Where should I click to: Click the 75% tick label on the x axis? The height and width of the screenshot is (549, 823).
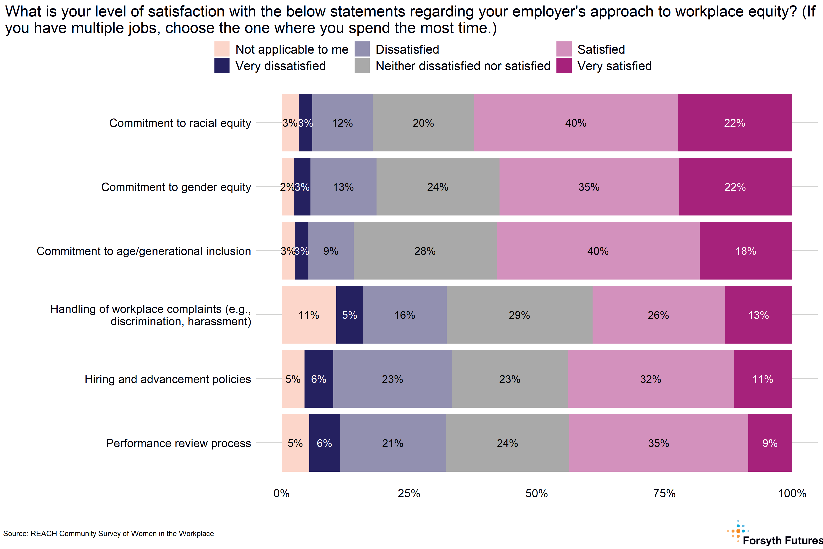pos(664,493)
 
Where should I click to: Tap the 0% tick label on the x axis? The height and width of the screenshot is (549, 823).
pos(281,493)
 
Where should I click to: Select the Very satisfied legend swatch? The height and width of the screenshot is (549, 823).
pos(564,65)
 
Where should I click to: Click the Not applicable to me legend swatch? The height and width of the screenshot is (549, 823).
pos(222,49)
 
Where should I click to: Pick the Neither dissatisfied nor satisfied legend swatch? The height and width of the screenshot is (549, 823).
pos(362,65)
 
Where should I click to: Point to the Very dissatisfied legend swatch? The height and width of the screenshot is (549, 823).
pos(222,65)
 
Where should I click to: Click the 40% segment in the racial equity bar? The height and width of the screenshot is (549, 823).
pos(576,123)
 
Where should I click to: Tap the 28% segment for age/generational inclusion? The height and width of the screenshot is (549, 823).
pos(425,251)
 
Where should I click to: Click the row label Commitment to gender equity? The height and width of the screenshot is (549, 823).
pos(176,187)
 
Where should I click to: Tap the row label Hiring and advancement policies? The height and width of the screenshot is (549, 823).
pos(168,379)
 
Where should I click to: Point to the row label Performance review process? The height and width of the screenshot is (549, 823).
pos(179,443)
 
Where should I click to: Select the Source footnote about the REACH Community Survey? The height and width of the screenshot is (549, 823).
pos(108,534)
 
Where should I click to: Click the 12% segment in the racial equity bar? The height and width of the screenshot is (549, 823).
pos(342,123)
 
